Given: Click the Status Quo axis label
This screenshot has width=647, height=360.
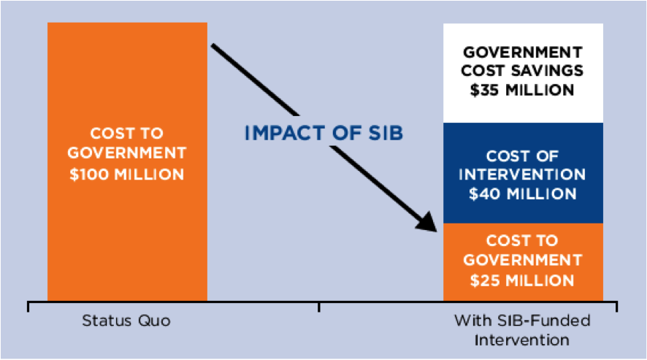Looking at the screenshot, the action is (126, 321).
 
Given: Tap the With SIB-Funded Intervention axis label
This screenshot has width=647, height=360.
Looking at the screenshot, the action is (522, 330).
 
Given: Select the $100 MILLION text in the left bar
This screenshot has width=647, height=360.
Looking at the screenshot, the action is (127, 175).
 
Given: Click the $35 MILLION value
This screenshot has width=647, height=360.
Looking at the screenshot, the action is (522, 90).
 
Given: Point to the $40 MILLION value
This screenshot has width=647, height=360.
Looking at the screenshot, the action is (523, 194).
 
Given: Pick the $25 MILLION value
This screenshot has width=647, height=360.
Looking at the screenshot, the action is (522, 280).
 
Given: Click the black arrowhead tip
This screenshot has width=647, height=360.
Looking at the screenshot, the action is (436, 231).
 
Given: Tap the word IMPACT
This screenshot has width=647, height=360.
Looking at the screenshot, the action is (285, 133).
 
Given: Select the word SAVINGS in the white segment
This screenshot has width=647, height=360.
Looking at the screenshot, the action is (547, 71).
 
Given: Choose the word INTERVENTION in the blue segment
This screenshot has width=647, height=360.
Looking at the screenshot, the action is (522, 175).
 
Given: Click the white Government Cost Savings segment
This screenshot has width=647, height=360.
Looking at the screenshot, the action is (523, 73).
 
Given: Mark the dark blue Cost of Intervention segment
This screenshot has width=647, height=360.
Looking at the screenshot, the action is (523, 173).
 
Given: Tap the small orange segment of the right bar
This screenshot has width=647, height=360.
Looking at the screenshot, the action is (523, 262).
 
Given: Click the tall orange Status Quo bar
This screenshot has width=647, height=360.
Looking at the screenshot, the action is (128, 161).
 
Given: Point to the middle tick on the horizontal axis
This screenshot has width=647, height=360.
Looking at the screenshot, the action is (319, 307).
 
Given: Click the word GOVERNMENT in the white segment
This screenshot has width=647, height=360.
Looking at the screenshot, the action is (522, 53).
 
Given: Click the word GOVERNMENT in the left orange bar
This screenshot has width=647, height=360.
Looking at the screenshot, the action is (127, 153).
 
